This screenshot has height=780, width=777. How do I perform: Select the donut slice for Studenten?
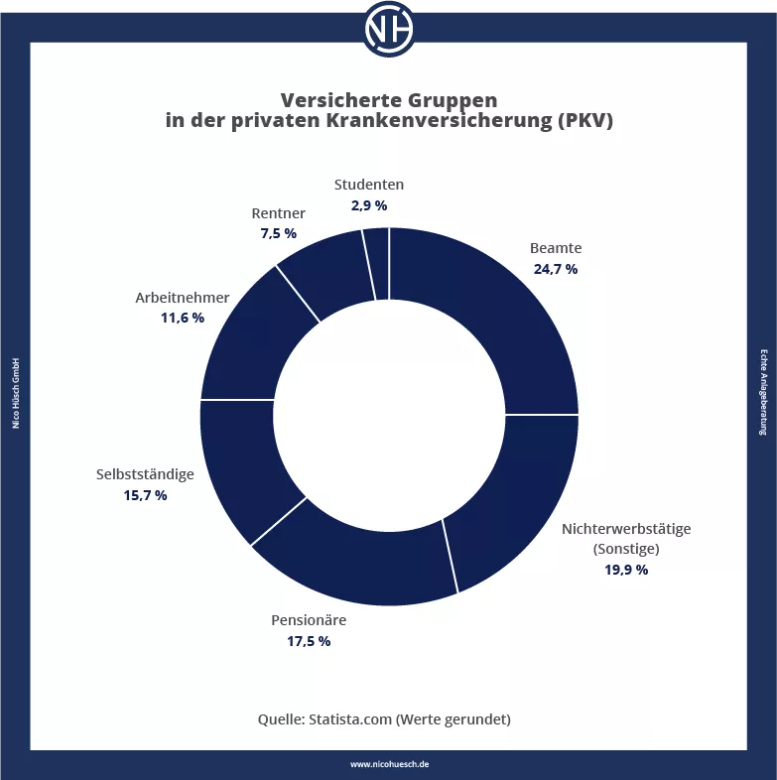click(376, 263)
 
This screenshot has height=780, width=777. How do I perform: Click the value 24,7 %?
click(556, 269)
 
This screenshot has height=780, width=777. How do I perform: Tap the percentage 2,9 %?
click(368, 205)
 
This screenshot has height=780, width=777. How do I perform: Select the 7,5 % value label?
click(278, 233)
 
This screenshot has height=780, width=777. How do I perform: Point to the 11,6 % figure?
click(183, 318)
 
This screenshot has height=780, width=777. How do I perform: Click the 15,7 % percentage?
click(145, 494)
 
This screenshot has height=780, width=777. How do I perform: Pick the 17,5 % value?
click(309, 641)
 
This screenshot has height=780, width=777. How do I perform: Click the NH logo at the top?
click(388, 29)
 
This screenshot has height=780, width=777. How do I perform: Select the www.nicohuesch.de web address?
click(389, 764)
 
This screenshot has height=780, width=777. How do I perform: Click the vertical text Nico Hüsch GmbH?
click(16, 393)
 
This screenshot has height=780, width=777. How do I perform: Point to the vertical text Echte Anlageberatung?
click(762, 393)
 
